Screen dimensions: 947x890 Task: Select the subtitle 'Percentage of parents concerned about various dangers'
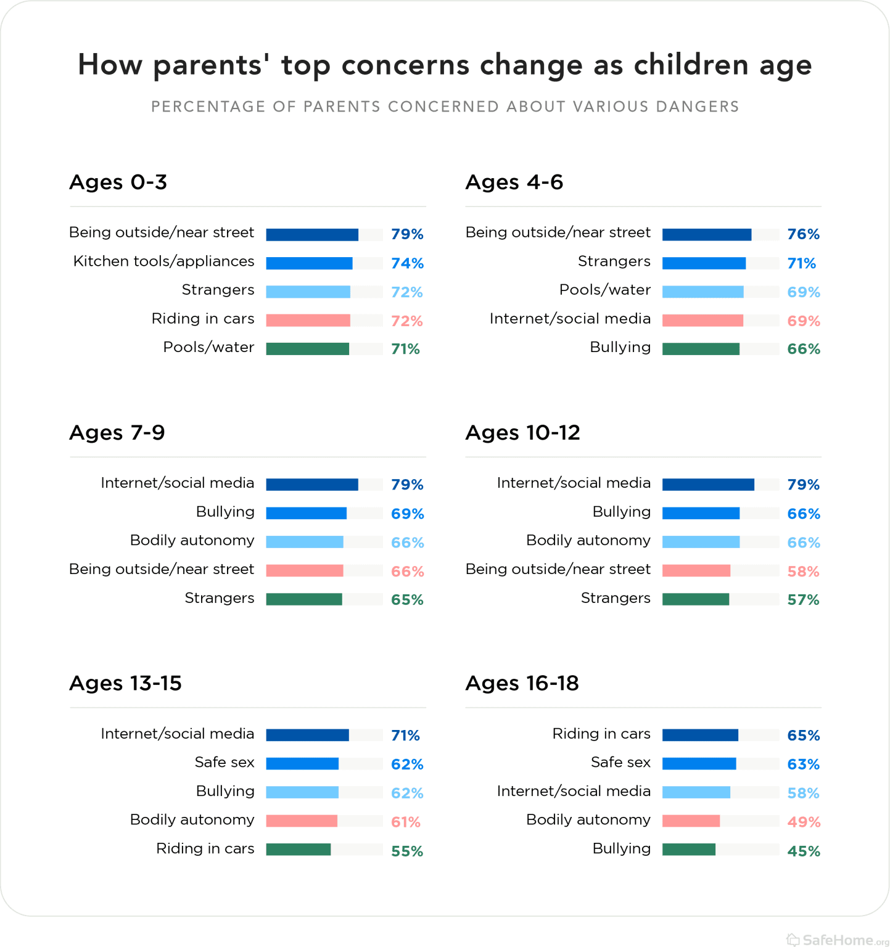445,107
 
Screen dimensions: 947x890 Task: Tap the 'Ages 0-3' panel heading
118,182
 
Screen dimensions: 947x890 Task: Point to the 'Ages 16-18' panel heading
522,683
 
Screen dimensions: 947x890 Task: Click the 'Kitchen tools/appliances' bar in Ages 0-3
309,263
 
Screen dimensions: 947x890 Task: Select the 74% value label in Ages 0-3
407,263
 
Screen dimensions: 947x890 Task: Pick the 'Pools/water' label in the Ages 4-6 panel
604,290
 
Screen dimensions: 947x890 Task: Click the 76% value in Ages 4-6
803,234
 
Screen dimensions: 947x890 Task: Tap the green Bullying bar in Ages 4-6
701,349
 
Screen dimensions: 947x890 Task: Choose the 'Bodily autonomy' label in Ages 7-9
192,541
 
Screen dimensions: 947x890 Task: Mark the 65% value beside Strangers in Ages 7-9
407,600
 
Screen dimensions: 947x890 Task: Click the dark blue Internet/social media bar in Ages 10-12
708,485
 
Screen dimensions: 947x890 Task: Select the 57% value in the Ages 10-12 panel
803,600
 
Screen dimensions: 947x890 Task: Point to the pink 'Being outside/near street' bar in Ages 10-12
696,571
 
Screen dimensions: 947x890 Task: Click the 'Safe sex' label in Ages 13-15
225,763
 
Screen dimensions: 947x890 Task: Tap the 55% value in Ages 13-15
407,851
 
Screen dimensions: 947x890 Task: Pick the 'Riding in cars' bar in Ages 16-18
700,735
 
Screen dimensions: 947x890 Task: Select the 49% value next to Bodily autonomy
803,822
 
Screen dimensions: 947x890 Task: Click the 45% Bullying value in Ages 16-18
803,851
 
